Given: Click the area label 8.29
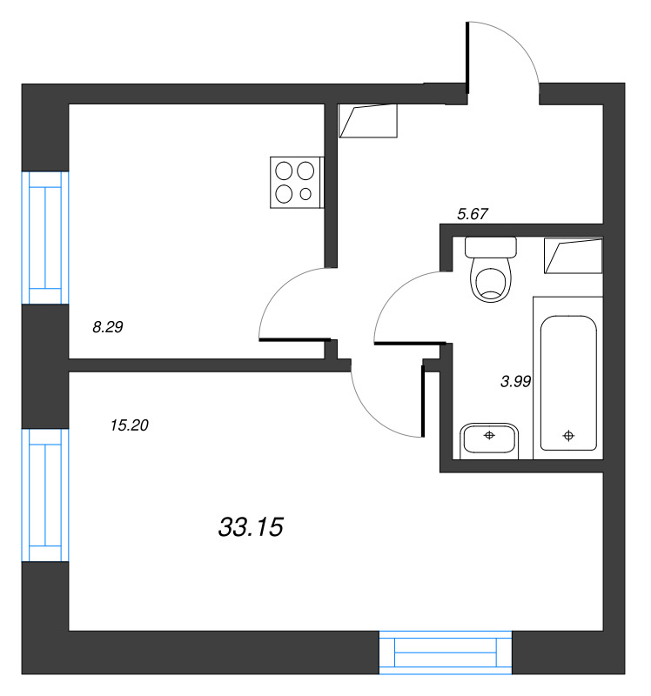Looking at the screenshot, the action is click(107, 327).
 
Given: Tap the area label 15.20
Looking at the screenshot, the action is click(129, 425).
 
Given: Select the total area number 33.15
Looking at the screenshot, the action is click(251, 527).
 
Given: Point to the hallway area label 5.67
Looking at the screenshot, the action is click(473, 214).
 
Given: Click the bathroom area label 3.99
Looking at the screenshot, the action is click(515, 381).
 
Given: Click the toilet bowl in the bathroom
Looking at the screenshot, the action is click(491, 279).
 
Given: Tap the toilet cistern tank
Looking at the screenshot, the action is click(491, 247).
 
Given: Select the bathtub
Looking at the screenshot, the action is click(568, 383).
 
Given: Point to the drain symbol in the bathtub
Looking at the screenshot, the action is click(568, 436).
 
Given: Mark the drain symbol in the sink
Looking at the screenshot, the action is click(489, 436).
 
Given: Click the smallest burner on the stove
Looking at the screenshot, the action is click(305, 194).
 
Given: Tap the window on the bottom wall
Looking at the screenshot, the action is click(446, 652).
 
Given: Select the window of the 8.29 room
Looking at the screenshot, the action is click(45, 238).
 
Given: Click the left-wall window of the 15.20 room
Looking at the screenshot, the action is click(45, 495).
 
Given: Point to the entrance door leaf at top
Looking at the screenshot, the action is click(467, 57).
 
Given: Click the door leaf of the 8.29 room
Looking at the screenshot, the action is click(295, 340).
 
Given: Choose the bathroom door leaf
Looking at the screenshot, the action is click(410, 343).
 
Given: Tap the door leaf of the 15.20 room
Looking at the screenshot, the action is click(423, 401).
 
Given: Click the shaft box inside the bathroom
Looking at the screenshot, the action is click(574, 255).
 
